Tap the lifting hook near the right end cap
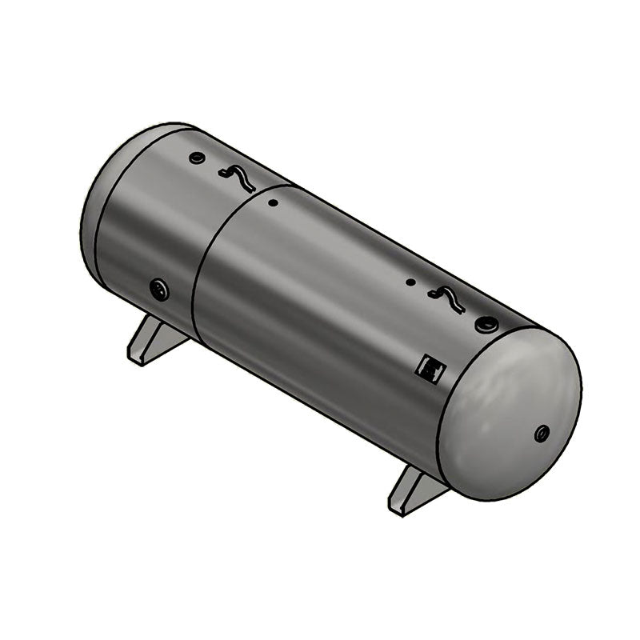click(x=446, y=298)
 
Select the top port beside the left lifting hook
click(x=197, y=158)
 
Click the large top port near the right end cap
click(x=485, y=324)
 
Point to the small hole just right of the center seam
click(x=273, y=203)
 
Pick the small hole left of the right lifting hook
click(x=410, y=282)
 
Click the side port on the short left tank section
click(x=160, y=289)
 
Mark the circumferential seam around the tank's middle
click(x=200, y=272)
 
